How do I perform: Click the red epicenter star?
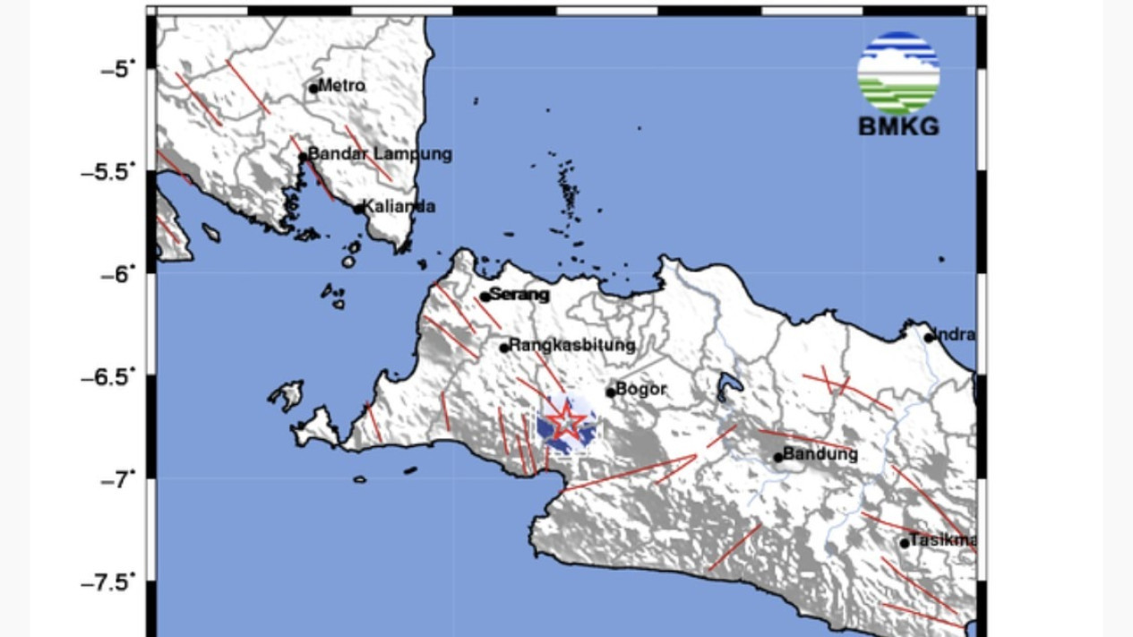tap(566, 421)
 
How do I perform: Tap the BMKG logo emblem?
tap(897, 72)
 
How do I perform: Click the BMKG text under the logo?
tap(898, 127)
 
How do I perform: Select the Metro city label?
tap(342, 86)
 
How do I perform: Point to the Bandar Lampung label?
tap(380, 154)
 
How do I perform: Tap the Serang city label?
tap(519, 295)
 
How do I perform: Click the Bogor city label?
tap(642, 389)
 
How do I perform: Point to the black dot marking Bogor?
tap(611, 392)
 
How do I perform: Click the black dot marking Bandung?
tap(778, 457)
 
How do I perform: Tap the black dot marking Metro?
tap(313, 88)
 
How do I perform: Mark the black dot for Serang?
tap(485, 297)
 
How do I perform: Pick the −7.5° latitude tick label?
tap(111, 583)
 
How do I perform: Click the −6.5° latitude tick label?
tap(111, 377)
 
